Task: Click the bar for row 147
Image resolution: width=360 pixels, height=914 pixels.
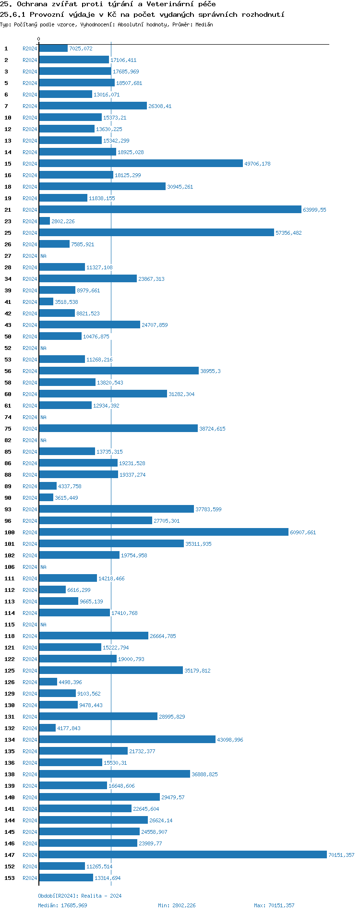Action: [x=182, y=854]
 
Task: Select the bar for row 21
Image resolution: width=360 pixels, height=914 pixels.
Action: [x=170, y=209]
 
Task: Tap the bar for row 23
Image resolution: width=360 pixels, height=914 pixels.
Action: [x=44, y=221]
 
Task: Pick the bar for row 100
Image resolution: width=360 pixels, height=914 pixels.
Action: [x=164, y=532]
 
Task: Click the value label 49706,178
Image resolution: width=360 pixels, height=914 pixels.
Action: [x=257, y=164]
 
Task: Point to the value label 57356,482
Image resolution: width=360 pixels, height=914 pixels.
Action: [x=288, y=233]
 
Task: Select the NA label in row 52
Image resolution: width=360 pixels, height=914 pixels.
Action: [x=43, y=348]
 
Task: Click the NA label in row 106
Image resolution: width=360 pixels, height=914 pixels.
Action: [x=43, y=567]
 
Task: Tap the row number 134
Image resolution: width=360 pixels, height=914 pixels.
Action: [x=10, y=740]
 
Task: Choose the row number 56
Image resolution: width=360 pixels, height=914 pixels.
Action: [x=8, y=371]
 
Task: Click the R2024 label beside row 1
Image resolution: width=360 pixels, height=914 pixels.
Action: [x=30, y=48]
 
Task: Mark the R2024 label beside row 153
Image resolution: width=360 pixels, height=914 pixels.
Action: [x=30, y=878]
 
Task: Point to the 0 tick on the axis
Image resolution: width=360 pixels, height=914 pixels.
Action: [x=39, y=39]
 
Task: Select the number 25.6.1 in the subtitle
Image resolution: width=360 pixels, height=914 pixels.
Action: [x=13, y=14]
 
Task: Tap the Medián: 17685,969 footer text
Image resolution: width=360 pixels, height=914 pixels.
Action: [x=62, y=905]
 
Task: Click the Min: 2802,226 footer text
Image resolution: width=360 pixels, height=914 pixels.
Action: [x=177, y=905]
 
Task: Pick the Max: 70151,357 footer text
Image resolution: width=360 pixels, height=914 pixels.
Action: [x=274, y=905]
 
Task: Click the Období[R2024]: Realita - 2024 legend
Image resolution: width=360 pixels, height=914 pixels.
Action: [x=80, y=896]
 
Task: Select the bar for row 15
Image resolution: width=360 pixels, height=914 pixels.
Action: [x=141, y=163]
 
